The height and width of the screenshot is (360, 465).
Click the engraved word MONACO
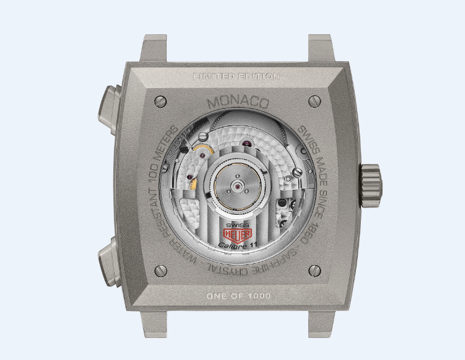(238, 102)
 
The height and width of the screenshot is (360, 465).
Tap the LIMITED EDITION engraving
(236, 76)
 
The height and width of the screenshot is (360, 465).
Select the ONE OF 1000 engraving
(238, 296)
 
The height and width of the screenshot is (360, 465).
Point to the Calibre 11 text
(237, 245)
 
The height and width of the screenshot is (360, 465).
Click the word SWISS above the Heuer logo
(237, 225)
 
